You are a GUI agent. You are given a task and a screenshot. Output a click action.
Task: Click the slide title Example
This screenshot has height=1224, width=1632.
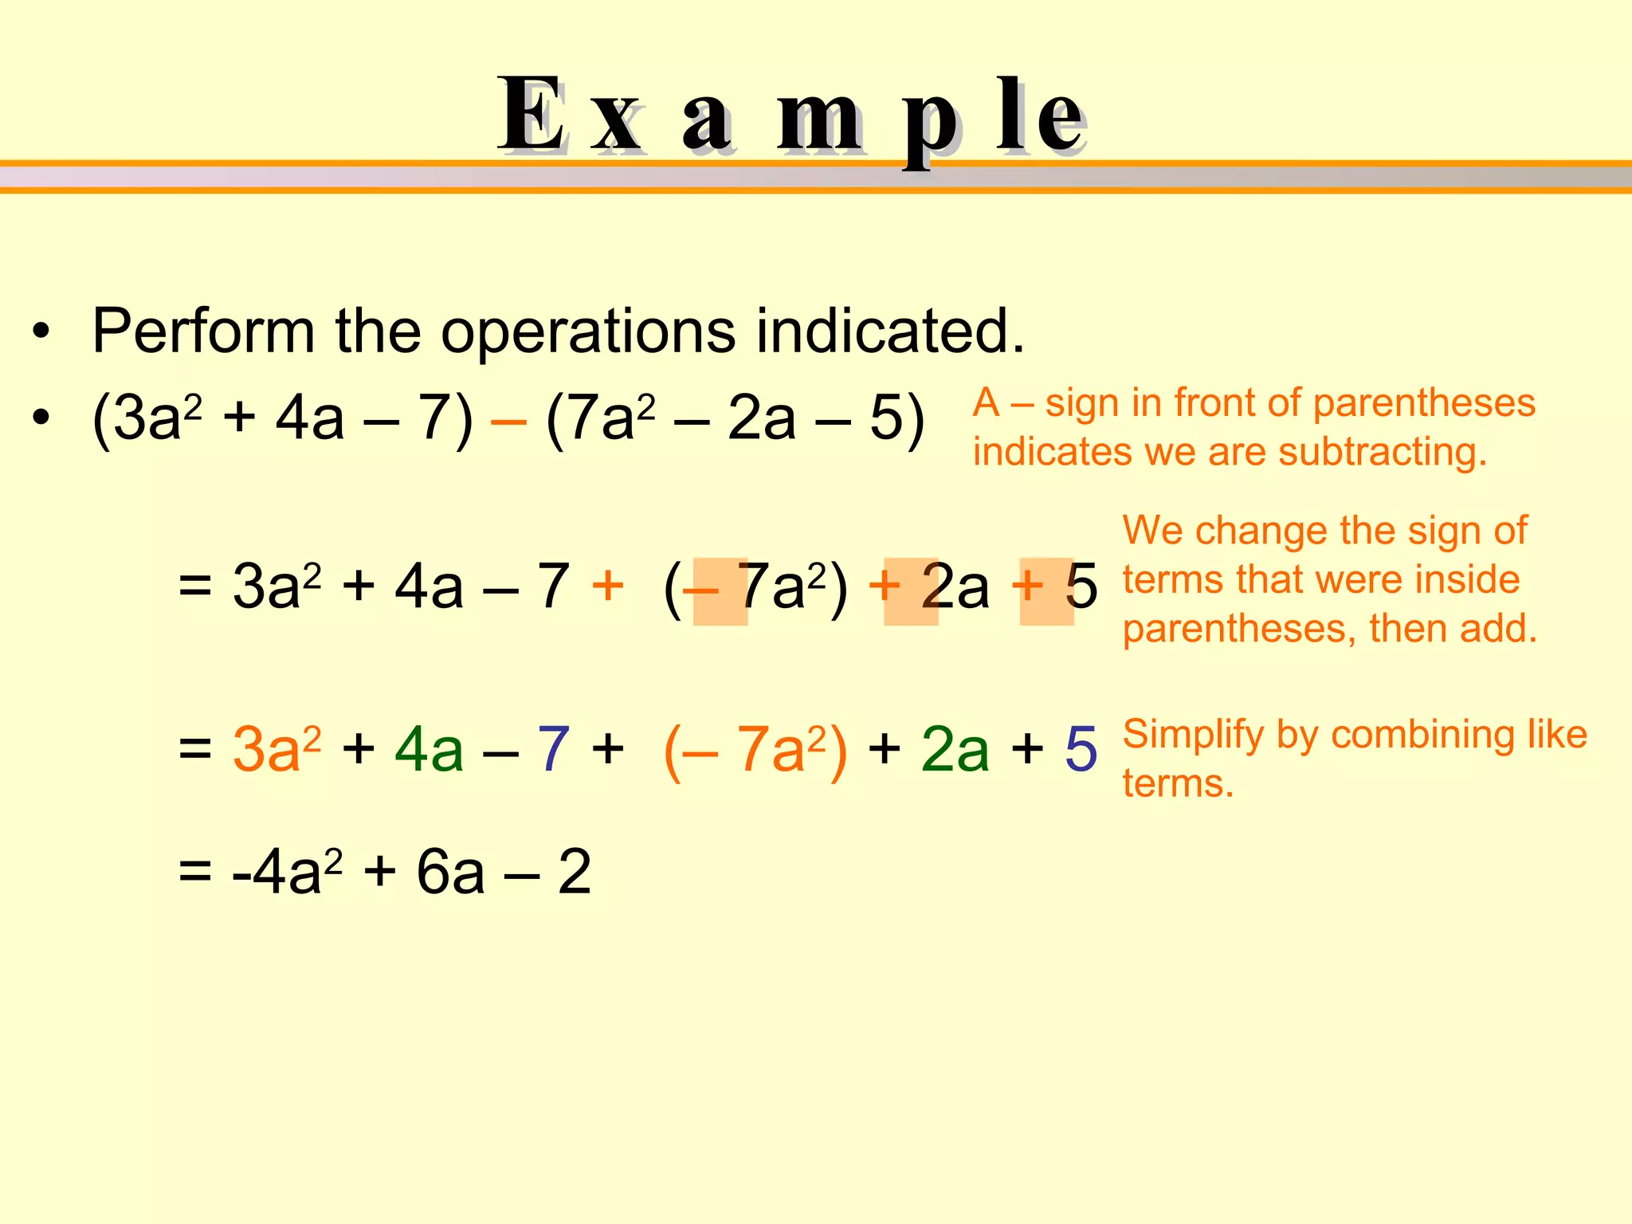coord(792,116)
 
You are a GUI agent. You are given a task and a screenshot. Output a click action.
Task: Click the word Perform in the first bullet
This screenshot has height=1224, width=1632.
coord(203,331)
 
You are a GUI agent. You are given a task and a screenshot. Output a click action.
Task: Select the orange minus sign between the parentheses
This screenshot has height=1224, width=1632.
coord(508,420)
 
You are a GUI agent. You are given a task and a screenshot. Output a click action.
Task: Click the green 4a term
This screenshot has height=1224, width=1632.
coord(429,749)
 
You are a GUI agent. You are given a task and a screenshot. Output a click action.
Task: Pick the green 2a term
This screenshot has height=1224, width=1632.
coord(955,749)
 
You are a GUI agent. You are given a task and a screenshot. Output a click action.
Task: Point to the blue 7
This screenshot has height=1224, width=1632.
coord(553,749)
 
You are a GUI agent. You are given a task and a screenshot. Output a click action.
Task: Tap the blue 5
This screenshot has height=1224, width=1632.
coord(1081,749)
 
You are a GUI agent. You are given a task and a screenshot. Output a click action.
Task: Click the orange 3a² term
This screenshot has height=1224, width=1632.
coord(276,749)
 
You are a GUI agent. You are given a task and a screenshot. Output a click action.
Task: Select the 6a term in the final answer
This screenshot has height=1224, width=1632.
coord(450,872)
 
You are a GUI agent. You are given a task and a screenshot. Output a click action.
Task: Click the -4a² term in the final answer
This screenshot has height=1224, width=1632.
coord(287,872)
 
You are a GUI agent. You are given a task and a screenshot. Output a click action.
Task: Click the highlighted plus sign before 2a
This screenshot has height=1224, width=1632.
coord(885,586)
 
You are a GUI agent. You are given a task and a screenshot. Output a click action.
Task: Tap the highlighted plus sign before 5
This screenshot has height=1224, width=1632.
coord(1028,586)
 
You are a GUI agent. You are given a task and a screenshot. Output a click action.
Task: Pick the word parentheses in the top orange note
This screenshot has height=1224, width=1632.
coord(1423,403)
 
